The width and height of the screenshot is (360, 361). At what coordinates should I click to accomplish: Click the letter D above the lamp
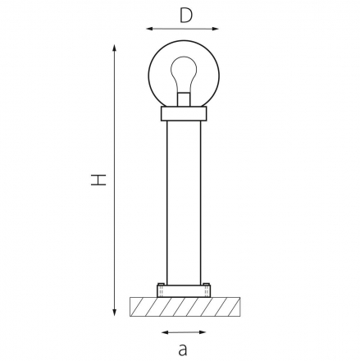coord(186,16)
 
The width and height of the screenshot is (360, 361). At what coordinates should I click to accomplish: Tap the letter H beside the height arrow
coord(98,180)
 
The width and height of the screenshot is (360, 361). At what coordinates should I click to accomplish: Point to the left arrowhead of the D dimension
coord(149,29)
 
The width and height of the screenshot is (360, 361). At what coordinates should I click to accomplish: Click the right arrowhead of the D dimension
coord(216,29)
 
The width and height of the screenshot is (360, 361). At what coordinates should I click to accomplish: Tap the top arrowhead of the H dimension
coord(115,48)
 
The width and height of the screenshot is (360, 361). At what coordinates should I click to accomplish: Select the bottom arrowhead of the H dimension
coord(115,313)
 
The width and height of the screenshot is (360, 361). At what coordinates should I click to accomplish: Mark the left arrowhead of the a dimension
coord(165,332)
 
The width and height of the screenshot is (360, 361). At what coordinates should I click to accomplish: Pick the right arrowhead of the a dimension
coord(203,332)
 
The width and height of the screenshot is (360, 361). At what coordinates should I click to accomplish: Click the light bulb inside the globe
coord(184,75)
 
